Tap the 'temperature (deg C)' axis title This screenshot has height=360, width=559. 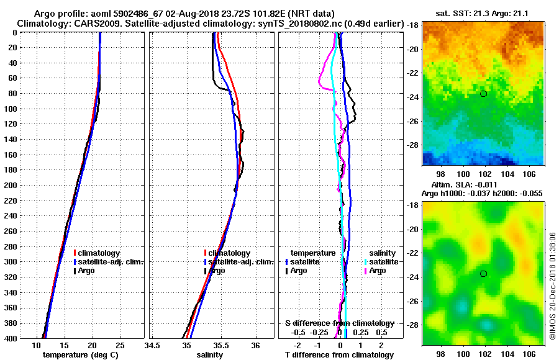click(x=80, y=355)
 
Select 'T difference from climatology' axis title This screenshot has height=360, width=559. click(x=340, y=355)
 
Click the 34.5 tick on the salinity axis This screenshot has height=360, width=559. click(x=153, y=345)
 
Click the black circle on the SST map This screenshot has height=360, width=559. click(x=483, y=94)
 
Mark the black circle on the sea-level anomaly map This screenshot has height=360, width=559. click(x=483, y=274)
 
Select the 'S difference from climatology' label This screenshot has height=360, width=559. click(x=340, y=323)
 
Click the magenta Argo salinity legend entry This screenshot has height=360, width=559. click(x=377, y=271)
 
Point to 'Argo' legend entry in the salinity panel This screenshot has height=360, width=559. click(x=217, y=271)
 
